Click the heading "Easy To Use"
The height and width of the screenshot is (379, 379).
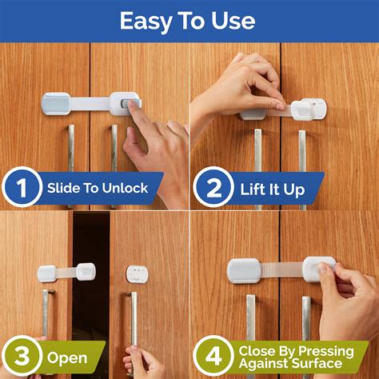coord(189,20)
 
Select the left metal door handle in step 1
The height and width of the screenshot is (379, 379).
coord(70,156)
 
